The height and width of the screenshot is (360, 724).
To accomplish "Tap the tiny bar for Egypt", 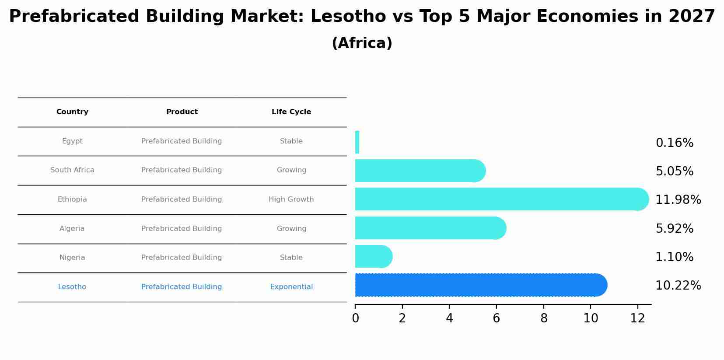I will click(357, 142).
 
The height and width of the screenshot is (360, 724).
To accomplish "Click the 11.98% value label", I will click(678, 200).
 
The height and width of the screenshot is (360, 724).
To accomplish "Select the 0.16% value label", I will click(674, 143).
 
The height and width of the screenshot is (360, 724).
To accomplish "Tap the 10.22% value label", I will click(678, 286).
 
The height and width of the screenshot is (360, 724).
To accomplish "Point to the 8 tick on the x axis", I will click(544, 318).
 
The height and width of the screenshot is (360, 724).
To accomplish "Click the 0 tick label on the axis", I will click(355, 318).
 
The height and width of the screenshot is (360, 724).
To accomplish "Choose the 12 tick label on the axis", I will click(637, 318).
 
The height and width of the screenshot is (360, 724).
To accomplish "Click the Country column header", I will click(72, 112).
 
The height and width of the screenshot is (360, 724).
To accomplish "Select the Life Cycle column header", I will click(291, 112).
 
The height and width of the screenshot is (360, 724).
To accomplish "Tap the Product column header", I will click(182, 112).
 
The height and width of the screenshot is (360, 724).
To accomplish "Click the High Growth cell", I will click(291, 199).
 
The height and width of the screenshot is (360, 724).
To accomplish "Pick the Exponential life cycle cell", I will click(291, 287).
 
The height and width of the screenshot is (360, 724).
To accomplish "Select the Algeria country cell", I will click(72, 229).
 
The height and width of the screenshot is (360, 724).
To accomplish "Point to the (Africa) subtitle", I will click(362, 43).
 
